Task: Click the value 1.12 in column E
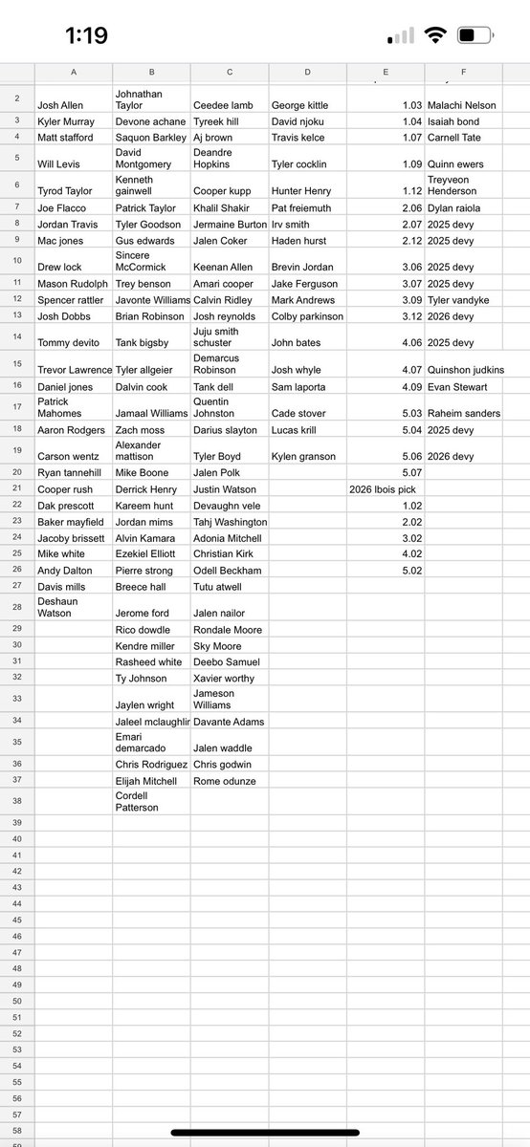[412, 190]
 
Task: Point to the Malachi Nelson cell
[462, 105]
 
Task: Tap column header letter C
[230, 73]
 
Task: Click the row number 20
[16, 472]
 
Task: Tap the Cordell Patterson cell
[138, 801]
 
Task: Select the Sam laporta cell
[300, 386]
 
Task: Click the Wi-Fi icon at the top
[435, 36]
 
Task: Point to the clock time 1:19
[86, 36]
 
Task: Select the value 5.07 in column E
[412, 472]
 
